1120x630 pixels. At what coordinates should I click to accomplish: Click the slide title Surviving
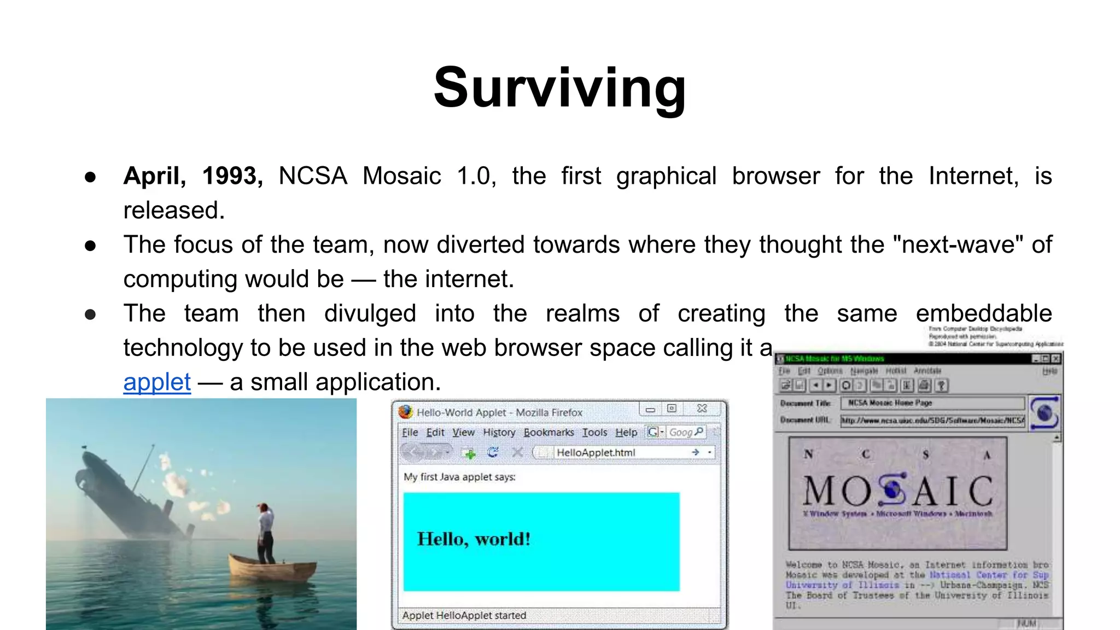(559, 87)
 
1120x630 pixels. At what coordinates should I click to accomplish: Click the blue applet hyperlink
(157, 382)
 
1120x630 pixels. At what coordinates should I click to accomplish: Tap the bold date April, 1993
(193, 176)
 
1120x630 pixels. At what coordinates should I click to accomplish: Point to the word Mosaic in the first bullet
(401, 176)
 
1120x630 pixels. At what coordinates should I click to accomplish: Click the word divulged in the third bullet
(370, 313)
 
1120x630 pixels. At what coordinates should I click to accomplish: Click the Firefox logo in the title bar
(405, 411)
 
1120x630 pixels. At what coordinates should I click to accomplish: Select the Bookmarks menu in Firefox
(549, 432)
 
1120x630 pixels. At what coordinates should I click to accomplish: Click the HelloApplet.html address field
(618, 452)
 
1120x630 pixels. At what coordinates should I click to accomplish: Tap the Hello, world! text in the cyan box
(474, 539)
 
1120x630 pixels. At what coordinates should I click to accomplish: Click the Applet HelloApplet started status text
(464, 615)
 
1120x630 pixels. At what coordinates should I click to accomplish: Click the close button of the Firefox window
(702, 409)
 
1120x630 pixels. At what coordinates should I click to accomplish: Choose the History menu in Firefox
(499, 432)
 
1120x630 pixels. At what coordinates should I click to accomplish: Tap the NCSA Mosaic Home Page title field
(932, 403)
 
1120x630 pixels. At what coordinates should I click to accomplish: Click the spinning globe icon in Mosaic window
(1044, 413)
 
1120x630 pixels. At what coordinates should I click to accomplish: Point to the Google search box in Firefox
(684, 432)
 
